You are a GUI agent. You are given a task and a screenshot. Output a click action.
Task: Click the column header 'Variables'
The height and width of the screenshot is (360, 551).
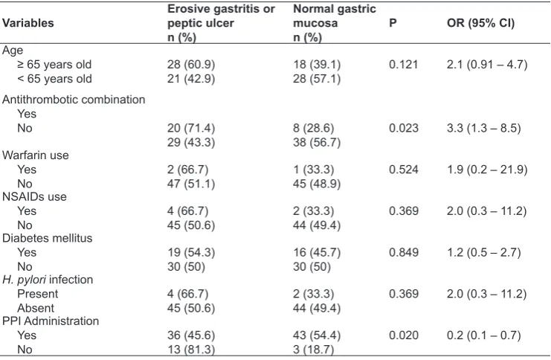pos(28,23)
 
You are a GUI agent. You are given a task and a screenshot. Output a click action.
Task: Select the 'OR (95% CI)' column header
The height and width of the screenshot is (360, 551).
pos(480,23)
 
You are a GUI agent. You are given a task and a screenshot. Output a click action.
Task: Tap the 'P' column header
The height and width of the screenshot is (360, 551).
pos(393,23)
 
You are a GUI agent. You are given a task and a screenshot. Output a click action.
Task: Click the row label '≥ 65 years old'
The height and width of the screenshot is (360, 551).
pos(54,65)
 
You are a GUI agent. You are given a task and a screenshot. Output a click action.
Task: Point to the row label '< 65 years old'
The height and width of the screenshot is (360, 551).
pos(54,79)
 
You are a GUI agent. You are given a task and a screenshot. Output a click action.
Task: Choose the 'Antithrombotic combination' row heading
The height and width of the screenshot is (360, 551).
pos(74,100)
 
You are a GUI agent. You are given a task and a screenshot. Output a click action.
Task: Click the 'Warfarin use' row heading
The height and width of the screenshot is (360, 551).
pos(36,155)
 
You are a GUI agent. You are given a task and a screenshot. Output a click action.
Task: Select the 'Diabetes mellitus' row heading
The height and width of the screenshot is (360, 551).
pos(47,238)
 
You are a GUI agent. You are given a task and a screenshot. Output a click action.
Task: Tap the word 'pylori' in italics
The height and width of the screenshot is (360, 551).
pos(32,280)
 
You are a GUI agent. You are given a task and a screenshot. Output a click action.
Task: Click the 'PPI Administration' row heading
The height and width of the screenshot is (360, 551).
pos(51,321)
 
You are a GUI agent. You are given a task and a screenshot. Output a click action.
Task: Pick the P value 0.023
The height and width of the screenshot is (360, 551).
pos(404,128)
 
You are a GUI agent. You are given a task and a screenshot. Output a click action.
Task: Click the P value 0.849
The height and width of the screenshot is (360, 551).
pos(404,252)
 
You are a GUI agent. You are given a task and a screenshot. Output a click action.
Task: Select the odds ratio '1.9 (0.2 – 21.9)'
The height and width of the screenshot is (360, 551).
pos(487,170)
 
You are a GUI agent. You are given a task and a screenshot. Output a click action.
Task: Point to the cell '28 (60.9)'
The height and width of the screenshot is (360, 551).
pos(191,65)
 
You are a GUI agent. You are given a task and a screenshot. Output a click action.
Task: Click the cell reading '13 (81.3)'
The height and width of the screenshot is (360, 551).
pos(191,350)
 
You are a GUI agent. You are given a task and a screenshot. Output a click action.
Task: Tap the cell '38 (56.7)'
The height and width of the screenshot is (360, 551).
pos(317,142)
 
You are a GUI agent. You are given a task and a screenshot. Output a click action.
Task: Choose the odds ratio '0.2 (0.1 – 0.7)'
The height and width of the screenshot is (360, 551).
pos(484,335)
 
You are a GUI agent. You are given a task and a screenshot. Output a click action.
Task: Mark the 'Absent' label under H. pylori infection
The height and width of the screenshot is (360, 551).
pos(36,309)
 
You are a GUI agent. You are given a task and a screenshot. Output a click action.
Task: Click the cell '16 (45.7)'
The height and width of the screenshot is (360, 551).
pos(317,253)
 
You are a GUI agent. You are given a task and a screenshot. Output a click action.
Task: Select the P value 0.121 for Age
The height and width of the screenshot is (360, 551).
pos(404,65)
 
